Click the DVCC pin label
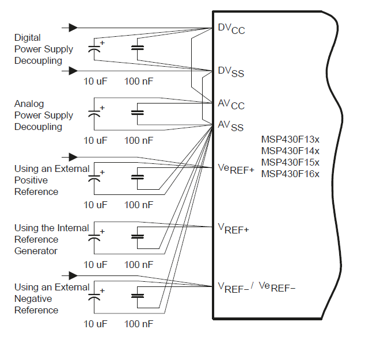pos(231,29)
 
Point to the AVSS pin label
pos(230,125)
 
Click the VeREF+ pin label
pos(236,168)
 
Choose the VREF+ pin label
pos(233,228)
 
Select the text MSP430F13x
pos(290,139)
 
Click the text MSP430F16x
pos(290,174)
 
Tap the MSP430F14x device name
pos(290,151)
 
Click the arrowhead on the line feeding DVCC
pos(73,27)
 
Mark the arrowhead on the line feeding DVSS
pos(73,71)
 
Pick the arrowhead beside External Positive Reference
pos(73,156)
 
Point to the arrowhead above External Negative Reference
pos(73,275)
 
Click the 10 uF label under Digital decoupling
pos(96,81)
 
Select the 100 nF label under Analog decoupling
pos(139,140)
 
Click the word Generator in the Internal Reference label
pos(36,251)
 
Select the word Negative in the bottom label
pos(33,298)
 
